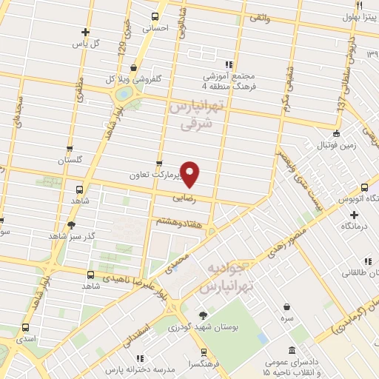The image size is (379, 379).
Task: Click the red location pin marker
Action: pos(190,173)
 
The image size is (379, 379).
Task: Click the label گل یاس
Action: pos(86,44)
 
